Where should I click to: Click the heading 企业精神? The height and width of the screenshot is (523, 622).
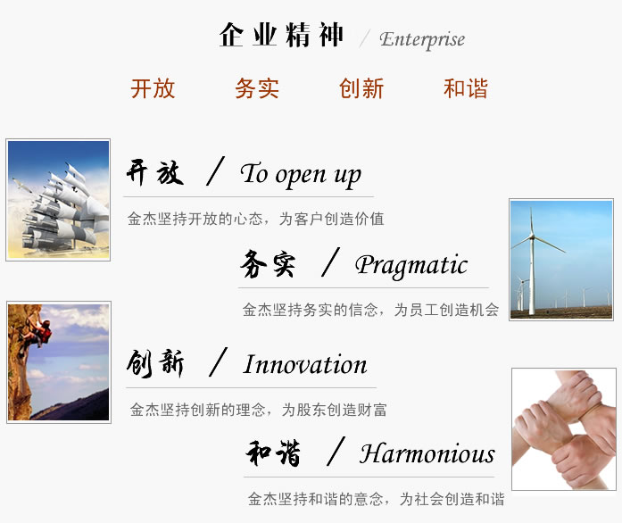pyautogui.click(x=281, y=35)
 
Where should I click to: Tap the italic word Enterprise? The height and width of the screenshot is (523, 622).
pyautogui.click(x=422, y=39)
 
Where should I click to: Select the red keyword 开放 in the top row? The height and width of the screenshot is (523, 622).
pyautogui.click(x=153, y=88)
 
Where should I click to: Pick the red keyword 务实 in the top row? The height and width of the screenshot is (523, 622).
pyautogui.click(x=257, y=88)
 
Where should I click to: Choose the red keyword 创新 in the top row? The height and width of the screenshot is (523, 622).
pyautogui.click(x=361, y=88)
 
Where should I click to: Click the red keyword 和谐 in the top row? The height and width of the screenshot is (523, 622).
pyautogui.click(x=466, y=88)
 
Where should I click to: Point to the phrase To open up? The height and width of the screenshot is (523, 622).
pyautogui.click(x=301, y=175)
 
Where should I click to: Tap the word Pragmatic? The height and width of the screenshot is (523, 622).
pyautogui.click(x=411, y=265)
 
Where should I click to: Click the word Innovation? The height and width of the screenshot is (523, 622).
pyautogui.click(x=305, y=364)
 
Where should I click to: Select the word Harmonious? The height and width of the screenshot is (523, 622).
pyautogui.click(x=427, y=453)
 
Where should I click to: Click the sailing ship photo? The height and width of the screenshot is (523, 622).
pyautogui.click(x=58, y=200)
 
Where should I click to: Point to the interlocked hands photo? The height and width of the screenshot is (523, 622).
pyautogui.click(x=564, y=429)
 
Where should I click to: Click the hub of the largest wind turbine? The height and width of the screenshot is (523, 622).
pyautogui.click(x=532, y=237)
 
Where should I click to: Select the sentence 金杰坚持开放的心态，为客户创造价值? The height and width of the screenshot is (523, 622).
pyautogui.click(x=256, y=219)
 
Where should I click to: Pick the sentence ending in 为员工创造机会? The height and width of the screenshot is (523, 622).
pyautogui.click(x=370, y=310)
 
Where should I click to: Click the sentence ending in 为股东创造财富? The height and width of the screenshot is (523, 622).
pyautogui.click(x=258, y=410)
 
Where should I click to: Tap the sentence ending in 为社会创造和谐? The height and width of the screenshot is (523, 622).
pyautogui.click(x=376, y=499)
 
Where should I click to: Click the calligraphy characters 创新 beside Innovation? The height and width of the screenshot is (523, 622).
pyautogui.click(x=155, y=363)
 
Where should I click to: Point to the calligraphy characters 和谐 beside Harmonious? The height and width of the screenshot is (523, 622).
pyautogui.click(x=273, y=452)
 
